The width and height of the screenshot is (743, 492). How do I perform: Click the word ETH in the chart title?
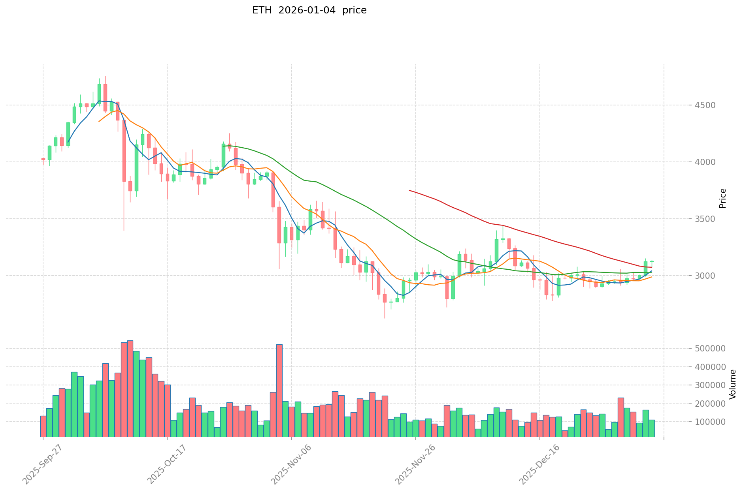coord(261,10)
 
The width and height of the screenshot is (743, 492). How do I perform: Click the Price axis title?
coord(723,198)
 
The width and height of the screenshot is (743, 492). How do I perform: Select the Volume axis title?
coord(733,384)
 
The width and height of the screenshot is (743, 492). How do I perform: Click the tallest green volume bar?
coord(136,394)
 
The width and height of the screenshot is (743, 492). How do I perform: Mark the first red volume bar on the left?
coord(43,426)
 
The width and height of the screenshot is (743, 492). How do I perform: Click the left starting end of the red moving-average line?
coord(409,190)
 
